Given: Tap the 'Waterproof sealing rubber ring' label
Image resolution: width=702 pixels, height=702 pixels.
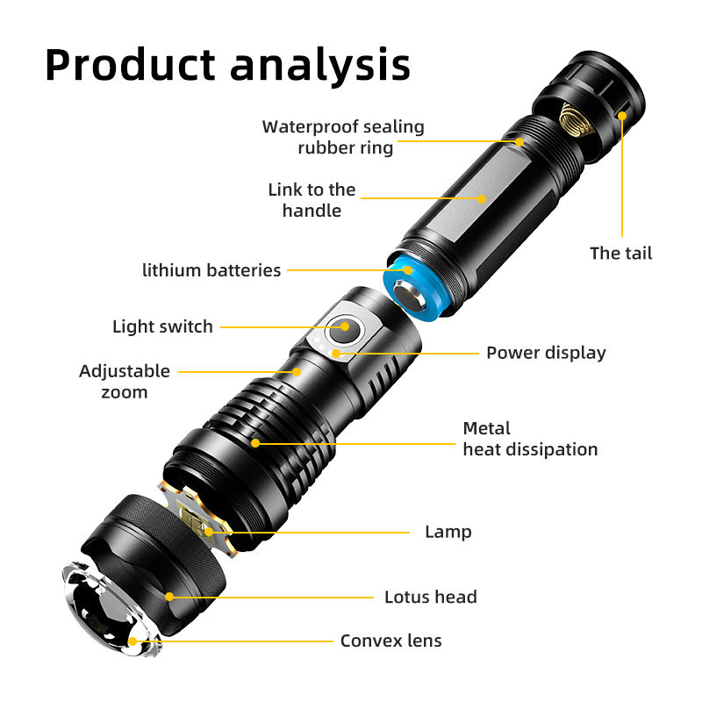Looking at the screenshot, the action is point(343,137).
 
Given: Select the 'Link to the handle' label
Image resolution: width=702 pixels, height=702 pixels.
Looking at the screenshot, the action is point(312,200).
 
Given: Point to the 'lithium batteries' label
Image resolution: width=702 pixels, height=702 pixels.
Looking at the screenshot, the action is point(211,270).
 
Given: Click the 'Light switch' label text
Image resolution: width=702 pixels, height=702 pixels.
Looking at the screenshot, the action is point(162,326).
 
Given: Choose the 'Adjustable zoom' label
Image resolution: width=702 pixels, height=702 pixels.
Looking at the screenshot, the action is point(125,382).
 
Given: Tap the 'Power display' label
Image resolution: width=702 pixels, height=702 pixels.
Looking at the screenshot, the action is point(546,353).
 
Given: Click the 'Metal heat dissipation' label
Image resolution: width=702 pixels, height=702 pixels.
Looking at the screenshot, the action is point(530,439).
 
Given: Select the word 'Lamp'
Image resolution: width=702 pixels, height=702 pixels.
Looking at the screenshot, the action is point(448,532).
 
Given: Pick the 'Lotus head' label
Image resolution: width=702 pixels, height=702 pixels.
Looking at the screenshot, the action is point(431,597).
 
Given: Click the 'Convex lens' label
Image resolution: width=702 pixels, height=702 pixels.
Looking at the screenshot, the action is point(390,641).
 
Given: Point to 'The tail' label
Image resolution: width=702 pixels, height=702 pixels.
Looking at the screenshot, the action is point(621,253).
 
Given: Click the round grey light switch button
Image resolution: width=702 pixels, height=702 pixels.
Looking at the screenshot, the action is point(345,330).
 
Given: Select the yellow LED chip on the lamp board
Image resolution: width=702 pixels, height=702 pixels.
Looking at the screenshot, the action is point(193,519).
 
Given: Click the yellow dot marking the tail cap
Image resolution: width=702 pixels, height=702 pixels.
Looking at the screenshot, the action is point(622,116).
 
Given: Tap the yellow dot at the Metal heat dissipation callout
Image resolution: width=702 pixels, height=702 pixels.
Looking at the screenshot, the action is point(255,443).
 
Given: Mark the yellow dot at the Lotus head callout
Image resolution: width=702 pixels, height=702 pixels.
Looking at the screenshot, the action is point(169,597).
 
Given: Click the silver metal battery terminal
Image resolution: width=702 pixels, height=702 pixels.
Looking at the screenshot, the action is point(409,296).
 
